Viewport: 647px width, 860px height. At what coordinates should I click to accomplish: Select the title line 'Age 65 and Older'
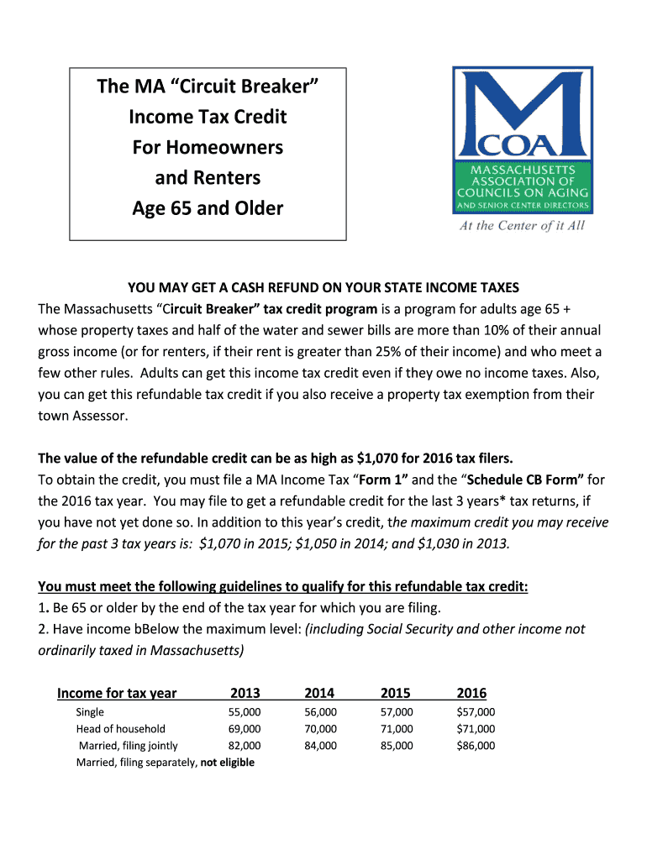click(x=208, y=207)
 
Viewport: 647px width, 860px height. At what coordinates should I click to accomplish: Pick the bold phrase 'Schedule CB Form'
click(x=525, y=480)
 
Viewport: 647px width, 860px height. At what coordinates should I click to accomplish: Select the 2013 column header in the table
click(x=245, y=693)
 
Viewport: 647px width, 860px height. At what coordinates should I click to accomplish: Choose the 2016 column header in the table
click(x=471, y=693)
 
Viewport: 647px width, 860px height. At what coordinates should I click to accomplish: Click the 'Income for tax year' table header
click(x=117, y=693)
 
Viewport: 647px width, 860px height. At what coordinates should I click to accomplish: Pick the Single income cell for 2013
click(x=245, y=712)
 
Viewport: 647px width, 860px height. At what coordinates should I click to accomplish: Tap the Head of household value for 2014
click(x=320, y=729)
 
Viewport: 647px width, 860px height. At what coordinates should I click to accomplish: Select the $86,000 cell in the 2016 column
click(x=475, y=746)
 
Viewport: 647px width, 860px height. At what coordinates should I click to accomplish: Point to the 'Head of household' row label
click(x=121, y=729)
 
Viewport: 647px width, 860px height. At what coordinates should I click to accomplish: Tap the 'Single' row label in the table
click(x=91, y=712)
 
